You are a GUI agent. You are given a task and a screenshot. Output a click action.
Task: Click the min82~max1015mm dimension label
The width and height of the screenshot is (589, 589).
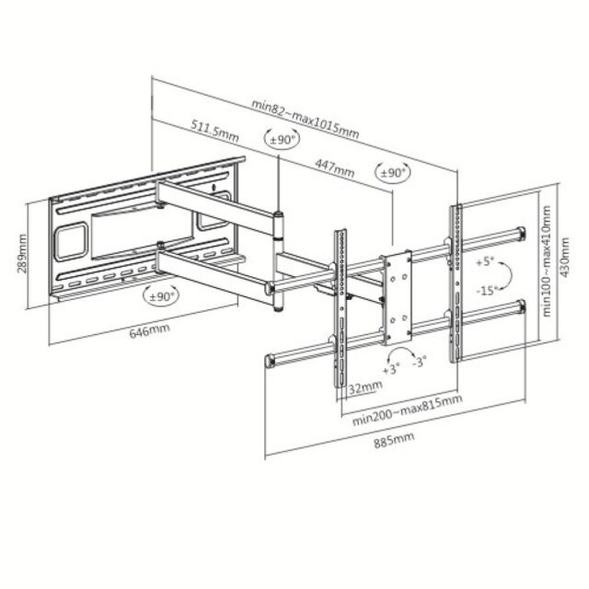click(306, 117)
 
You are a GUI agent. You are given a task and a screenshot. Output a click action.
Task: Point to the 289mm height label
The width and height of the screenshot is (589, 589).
click(21, 252)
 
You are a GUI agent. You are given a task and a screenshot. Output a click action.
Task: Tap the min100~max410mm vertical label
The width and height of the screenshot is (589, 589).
click(546, 262)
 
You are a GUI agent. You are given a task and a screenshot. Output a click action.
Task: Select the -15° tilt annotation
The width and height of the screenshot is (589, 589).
click(488, 290)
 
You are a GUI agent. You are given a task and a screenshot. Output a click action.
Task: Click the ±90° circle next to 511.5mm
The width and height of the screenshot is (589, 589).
click(282, 139)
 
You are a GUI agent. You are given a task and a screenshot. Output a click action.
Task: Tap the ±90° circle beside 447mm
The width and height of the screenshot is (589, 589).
click(393, 172)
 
